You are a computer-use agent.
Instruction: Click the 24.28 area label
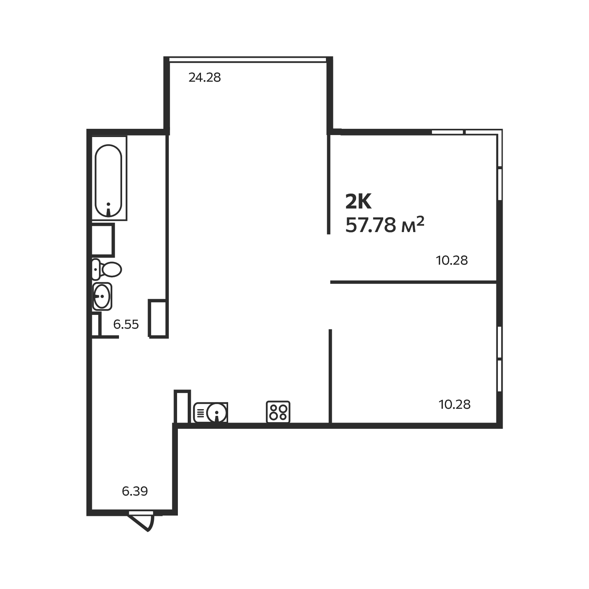205,78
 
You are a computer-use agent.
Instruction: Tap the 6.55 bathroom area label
126,324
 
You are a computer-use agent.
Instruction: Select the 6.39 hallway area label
135,491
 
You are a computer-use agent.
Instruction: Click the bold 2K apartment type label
358,202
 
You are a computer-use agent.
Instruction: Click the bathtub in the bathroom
109,180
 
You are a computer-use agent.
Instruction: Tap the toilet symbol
107,269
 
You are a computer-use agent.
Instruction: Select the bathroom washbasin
102,296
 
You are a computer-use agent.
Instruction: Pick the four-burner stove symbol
278,412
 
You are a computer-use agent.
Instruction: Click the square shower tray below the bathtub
103,240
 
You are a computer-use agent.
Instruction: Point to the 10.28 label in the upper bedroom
452,260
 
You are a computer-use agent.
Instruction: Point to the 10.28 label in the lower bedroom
454,404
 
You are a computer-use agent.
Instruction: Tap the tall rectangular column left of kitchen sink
182,406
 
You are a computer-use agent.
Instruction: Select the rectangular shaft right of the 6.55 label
158,318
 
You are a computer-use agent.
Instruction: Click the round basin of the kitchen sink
216,413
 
